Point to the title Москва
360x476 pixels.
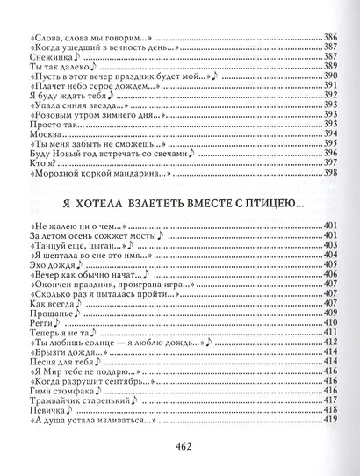point(33,134)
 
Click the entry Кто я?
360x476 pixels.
point(32,163)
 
